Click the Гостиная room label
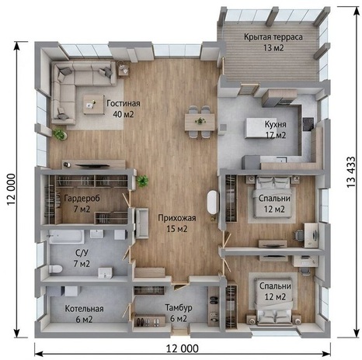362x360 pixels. [x=124, y=103]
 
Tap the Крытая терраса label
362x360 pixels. [x=273, y=37]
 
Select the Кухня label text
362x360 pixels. [x=275, y=124]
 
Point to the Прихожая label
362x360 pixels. [x=177, y=218]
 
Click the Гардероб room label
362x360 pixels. [x=82, y=199]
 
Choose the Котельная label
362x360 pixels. [x=84, y=309]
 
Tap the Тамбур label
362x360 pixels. [x=179, y=308]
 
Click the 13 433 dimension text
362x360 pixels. [x=351, y=172]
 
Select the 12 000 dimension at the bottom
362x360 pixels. [x=183, y=348]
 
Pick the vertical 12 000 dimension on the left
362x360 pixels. [x=11, y=189]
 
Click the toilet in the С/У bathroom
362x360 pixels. [x=55, y=268]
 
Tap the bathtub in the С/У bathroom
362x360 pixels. [x=67, y=237]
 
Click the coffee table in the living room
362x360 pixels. [x=93, y=104]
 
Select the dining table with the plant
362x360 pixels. [x=200, y=122]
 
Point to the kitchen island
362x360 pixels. [x=259, y=128]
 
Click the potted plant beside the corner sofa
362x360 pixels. [x=60, y=134]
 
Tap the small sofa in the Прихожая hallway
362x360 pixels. [x=142, y=223]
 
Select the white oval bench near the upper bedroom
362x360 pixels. [x=213, y=202]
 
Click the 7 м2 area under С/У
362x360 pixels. [x=82, y=264]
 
